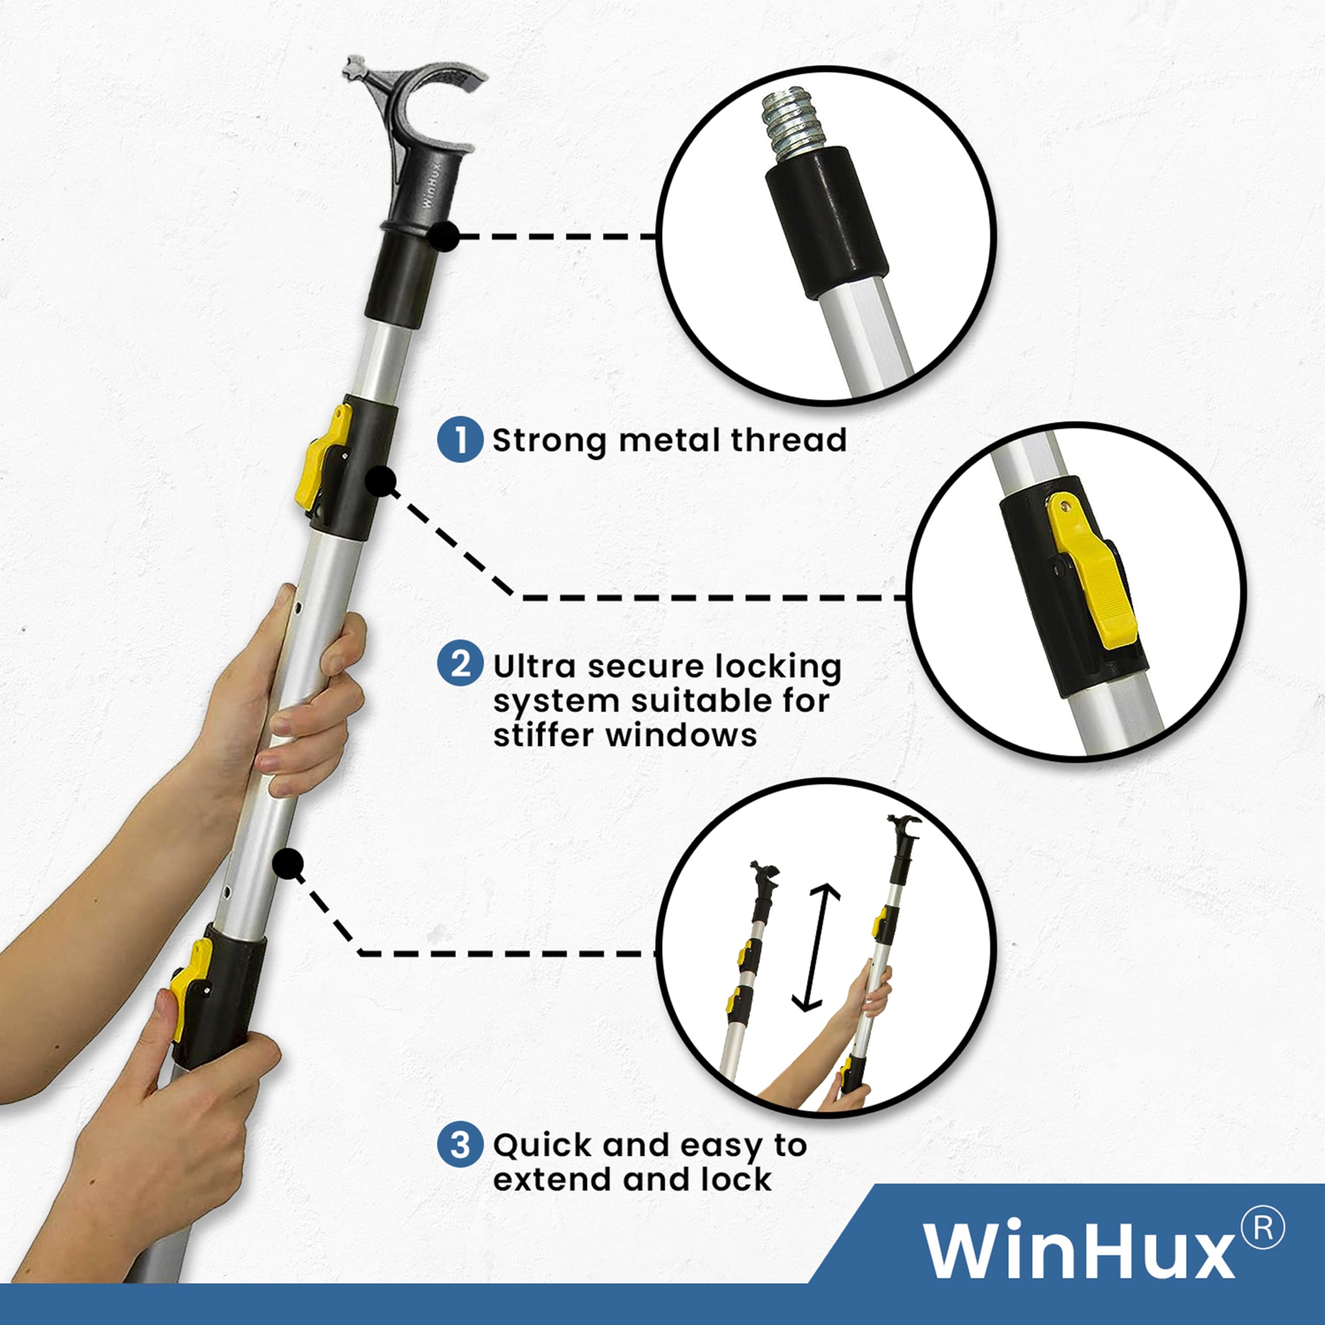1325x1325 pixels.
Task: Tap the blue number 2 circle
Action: click(x=460, y=665)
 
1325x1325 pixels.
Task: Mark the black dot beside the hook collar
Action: click(x=445, y=236)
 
